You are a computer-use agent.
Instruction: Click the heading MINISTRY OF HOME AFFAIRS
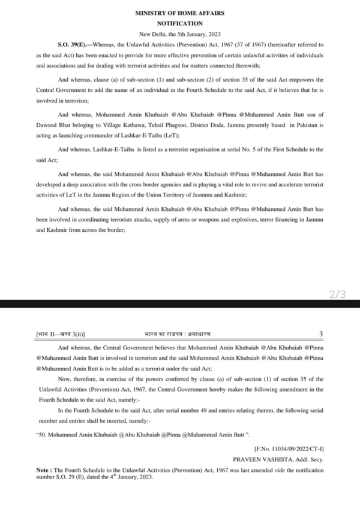179,12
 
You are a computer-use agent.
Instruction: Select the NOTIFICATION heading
179,22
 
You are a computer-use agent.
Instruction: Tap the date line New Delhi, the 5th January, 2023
180,34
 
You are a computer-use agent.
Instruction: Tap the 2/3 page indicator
338,294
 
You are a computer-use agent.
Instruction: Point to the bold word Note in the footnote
26,470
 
